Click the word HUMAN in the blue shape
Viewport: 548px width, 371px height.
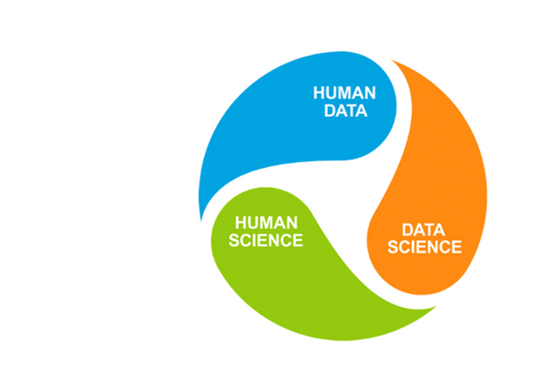pos(345,93)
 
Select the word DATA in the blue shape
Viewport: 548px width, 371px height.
pos(346,110)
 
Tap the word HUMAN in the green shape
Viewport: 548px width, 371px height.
pos(266,223)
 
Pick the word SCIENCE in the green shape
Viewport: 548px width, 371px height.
pos(266,240)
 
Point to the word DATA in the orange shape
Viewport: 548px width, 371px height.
pos(423,230)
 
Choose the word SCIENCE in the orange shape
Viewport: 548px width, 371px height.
pos(425,247)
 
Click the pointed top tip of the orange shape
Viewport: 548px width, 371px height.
pos(392,60)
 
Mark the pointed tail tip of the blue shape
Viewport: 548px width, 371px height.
pos(201,221)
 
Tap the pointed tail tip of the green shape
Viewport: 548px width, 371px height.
pos(437,307)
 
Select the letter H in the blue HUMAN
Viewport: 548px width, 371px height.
pos(319,93)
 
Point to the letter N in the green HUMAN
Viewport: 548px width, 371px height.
pos(292,223)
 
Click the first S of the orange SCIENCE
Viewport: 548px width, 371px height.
pos(393,247)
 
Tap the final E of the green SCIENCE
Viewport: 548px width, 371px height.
pos(298,240)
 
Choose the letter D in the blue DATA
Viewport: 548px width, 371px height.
pos(330,110)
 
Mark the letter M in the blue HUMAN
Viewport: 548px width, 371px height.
pos(350,93)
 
